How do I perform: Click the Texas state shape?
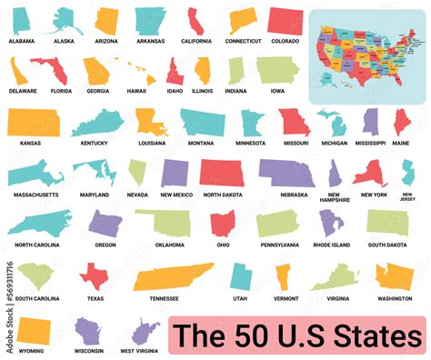coord(94,275)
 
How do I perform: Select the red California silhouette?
coord(194,19)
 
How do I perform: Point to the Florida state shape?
coord(49,69)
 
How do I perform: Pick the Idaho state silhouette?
coord(175,71)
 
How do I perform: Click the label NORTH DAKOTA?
coord(222,195)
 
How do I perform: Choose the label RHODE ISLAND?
coord(331,245)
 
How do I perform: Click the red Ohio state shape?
coord(222,224)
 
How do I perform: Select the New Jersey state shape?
coord(408,173)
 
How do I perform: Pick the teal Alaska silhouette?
coord(66,20)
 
